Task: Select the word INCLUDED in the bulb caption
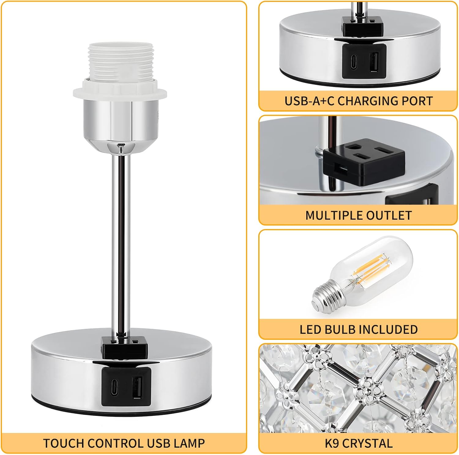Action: (x=388, y=329)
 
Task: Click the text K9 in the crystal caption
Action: (x=332, y=443)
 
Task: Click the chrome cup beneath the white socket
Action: (x=121, y=122)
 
